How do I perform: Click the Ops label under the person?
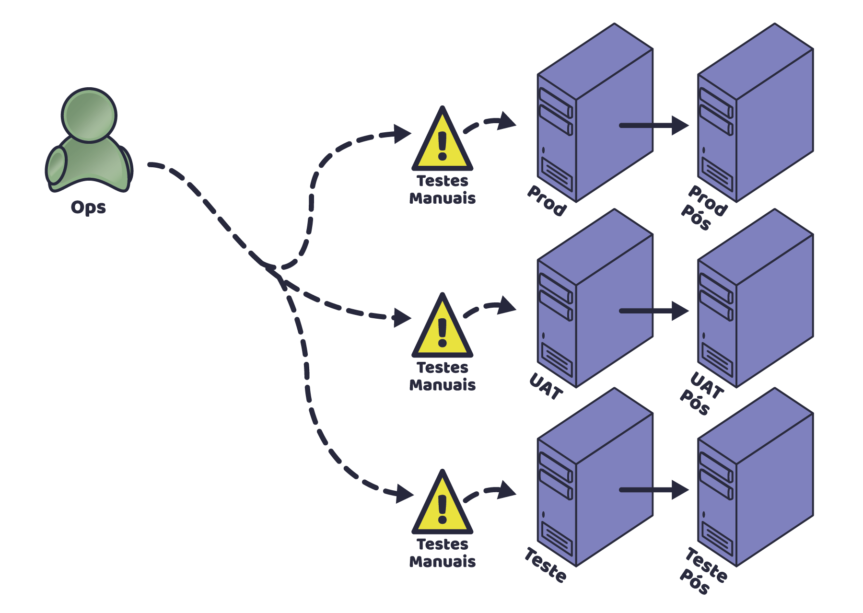88,207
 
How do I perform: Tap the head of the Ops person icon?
89,115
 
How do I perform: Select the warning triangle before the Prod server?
442,141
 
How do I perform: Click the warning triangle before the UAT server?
442,328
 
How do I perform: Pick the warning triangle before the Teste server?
442,505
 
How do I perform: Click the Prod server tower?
595,115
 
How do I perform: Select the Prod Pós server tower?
755,115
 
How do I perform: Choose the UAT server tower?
595,300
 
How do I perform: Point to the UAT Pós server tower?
755,300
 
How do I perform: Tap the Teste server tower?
595,479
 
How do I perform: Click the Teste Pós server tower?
755,479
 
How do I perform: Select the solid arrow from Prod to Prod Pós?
654,126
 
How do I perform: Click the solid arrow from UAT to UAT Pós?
654,311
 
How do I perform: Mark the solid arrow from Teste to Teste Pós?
654,490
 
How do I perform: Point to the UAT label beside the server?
546,386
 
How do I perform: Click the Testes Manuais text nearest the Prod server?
442,190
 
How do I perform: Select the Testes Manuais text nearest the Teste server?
442,553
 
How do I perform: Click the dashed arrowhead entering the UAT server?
506,305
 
